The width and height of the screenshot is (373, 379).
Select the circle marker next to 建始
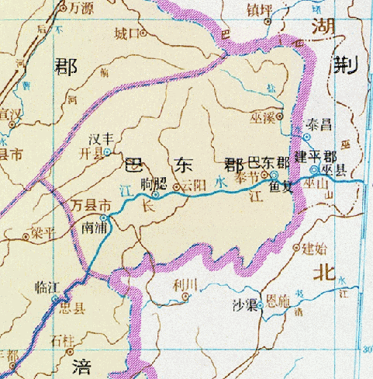point(298,249)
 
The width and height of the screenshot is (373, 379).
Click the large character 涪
point(81,366)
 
